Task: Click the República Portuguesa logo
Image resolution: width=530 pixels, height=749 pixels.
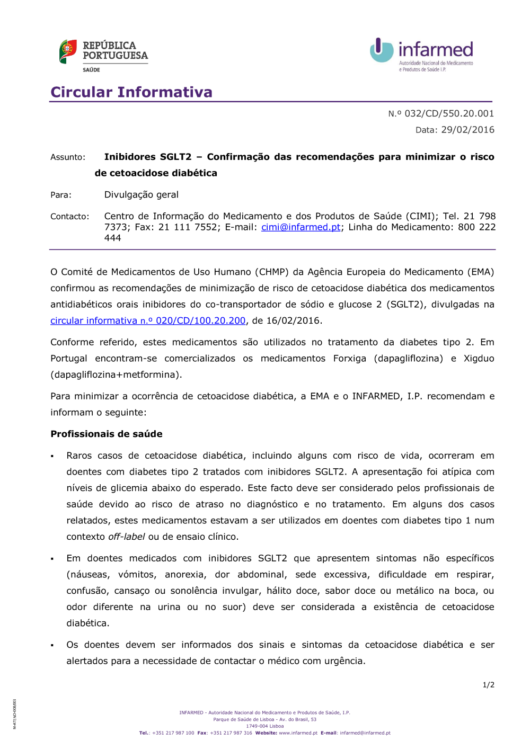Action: click(x=103, y=55)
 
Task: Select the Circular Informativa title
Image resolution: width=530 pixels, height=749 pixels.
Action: click(x=131, y=92)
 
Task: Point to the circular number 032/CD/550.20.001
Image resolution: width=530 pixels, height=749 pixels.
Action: click(x=449, y=113)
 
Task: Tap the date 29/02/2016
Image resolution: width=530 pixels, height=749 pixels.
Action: click(x=467, y=130)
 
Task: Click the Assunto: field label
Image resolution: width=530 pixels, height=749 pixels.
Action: click(x=68, y=157)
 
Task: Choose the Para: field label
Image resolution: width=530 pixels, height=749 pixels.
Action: click(x=61, y=195)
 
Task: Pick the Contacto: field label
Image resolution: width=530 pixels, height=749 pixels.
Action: click(x=70, y=217)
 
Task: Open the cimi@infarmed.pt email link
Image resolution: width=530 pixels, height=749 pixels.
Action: click(x=301, y=227)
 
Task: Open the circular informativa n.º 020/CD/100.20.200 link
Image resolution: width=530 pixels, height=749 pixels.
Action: click(x=148, y=320)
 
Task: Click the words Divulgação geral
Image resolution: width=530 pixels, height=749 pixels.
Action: click(x=142, y=195)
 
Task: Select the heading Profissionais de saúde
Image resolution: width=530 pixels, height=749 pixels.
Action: click(x=107, y=434)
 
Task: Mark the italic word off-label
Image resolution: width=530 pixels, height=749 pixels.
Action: click(x=127, y=537)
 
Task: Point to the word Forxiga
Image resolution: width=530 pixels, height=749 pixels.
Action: click(x=350, y=359)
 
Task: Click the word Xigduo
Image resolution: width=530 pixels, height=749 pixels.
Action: click(x=479, y=359)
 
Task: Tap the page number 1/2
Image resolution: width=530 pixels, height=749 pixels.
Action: click(x=488, y=685)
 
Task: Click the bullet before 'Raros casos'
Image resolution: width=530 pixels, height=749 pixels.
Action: click(x=52, y=456)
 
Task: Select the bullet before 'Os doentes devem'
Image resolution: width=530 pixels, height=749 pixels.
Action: click(x=52, y=645)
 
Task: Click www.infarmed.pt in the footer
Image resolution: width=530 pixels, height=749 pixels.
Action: click(x=298, y=733)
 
